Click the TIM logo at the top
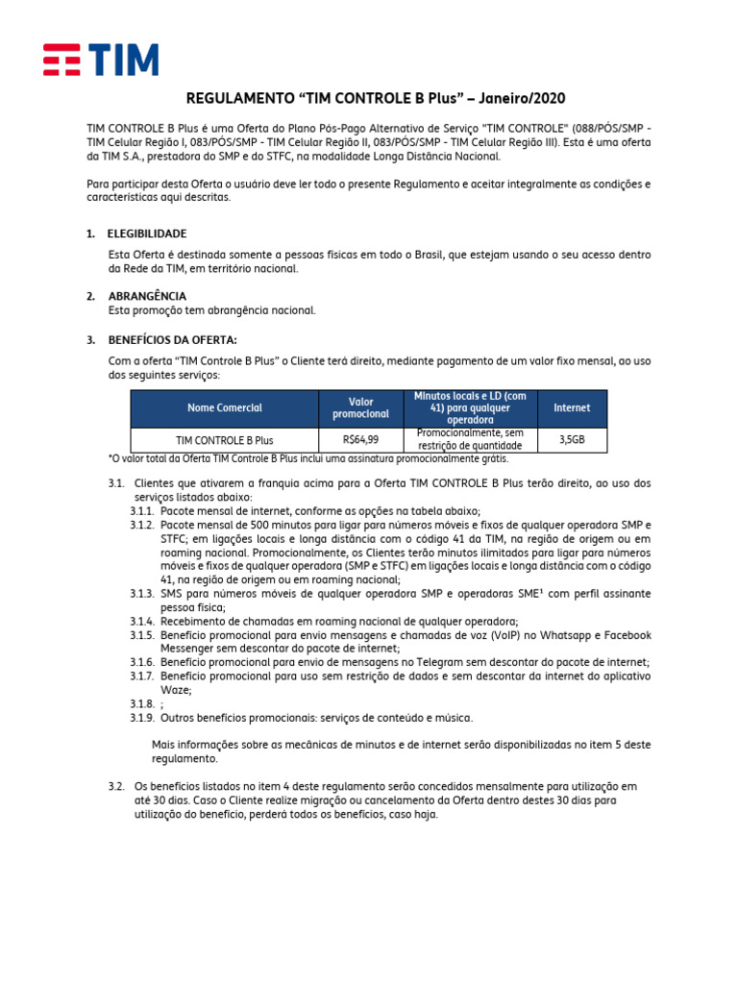[x=101, y=60]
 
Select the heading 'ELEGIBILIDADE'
[x=147, y=234]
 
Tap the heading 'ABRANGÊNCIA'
[x=147, y=296]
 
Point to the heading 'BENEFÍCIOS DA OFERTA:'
[x=172, y=339]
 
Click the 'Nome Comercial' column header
[x=225, y=408]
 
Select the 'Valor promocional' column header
[x=360, y=407]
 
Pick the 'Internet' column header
[x=572, y=408]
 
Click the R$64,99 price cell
[x=360, y=439]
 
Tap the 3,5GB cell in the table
[x=572, y=439]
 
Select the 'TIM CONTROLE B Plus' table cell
[x=225, y=440]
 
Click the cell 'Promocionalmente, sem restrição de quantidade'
[x=471, y=439]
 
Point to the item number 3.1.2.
[x=142, y=526]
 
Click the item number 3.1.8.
[x=142, y=704]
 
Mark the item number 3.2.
[x=116, y=786]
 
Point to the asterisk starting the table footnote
[x=110, y=458]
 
